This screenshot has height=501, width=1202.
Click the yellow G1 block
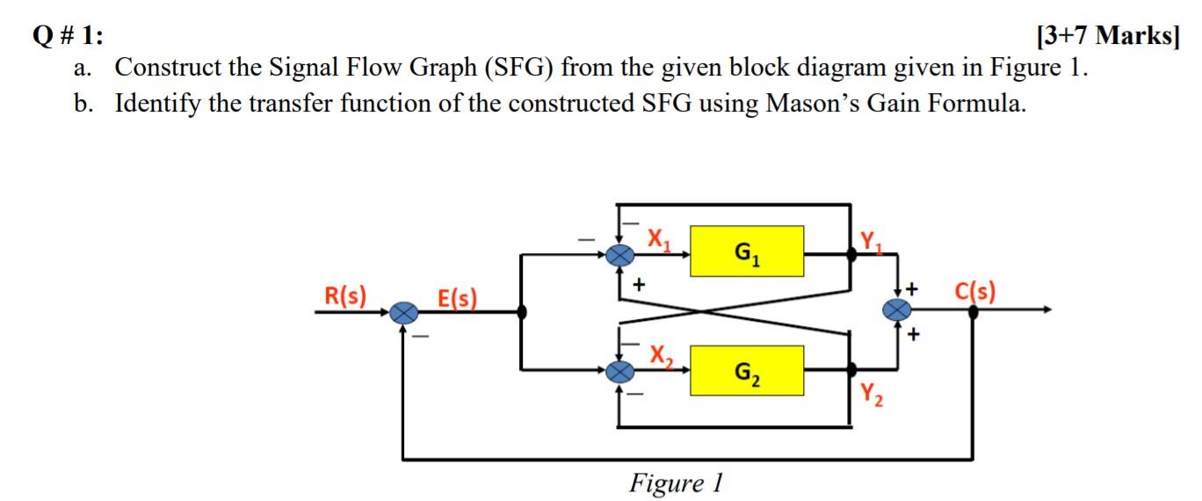(747, 250)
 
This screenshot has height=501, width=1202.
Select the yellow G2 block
(747, 370)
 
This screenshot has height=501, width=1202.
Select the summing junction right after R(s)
(404, 311)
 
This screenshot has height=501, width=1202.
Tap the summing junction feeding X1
(621, 254)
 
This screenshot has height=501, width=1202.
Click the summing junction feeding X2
(621, 372)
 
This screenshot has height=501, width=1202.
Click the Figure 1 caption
(676, 483)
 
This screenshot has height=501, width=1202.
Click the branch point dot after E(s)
(522, 311)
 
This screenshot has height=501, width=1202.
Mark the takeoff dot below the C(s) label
(974, 311)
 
